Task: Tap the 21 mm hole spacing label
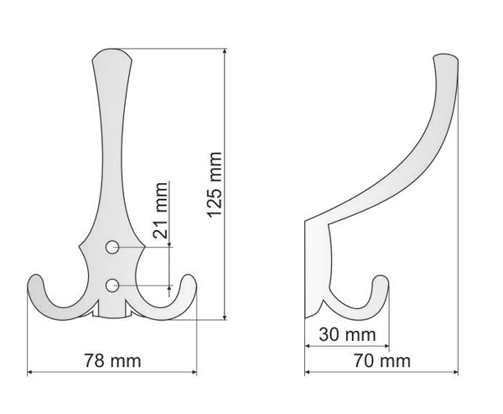pyautogui.click(x=160, y=210)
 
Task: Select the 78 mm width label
pyautogui.click(x=112, y=360)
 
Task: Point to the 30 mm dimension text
pyautogui.click(x=347, y=334)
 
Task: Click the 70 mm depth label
pyautogui.click(x=382, y=360)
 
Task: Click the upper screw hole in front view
pyautogui.click(x=112, y=247)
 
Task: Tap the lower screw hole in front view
pyautogui.click(x=112, y=286)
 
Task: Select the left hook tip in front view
pyautogui.click(x=34, y=276)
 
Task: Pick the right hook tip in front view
pyautogui.click(x=189, y=276)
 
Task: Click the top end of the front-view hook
pyautogui.click(x=111, y=50)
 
